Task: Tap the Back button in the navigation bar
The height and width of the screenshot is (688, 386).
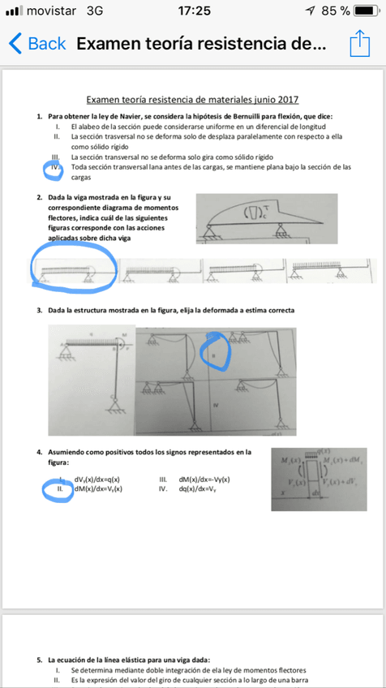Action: tap(37, 44)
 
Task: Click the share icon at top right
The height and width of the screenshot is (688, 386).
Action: tap(359, 43)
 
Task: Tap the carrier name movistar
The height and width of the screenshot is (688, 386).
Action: tap(53, 11)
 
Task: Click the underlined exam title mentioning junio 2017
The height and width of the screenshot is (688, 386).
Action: tap(192, 100)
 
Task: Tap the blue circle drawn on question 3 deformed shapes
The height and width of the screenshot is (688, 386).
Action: tap(215, 350)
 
